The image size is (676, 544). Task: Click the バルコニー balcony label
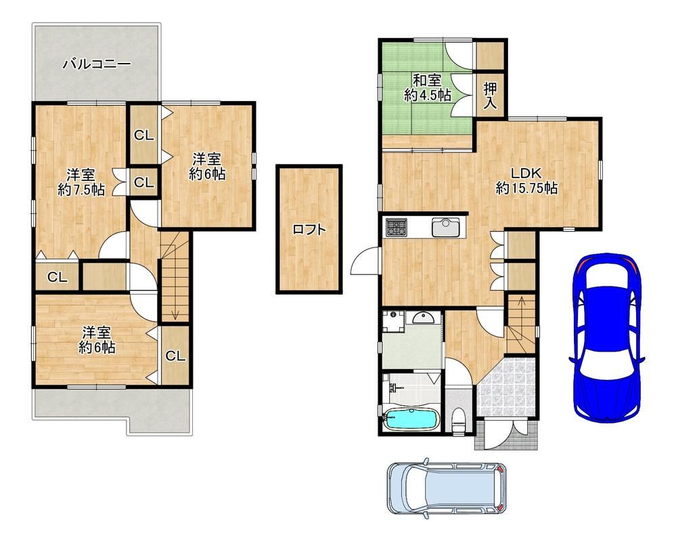point(97,64)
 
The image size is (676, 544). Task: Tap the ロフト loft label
point(309,229)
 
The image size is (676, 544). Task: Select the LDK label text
point(526,173)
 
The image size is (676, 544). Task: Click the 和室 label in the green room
point(427,81)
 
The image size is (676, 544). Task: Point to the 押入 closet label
point(490,96)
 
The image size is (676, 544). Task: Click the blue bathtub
point(411,419)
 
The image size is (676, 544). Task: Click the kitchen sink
point(447,228)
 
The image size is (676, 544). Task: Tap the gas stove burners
point(397,228)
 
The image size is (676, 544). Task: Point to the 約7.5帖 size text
point(81,190)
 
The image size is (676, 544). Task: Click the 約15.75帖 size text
point(526,188)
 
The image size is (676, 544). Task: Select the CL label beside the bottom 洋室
point(175,356)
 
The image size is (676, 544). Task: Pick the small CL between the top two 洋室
point(144,183)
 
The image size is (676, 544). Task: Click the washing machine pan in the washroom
point(393,322)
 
